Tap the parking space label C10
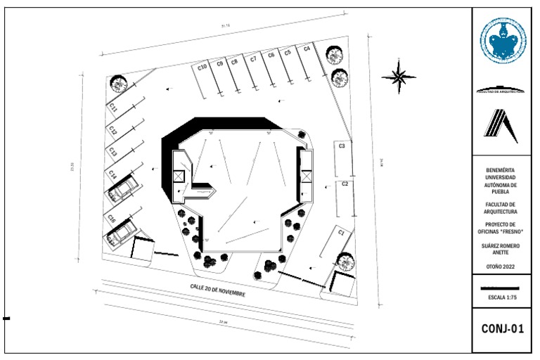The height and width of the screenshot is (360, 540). pos(202,67)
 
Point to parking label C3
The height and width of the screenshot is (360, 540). pos(342,146)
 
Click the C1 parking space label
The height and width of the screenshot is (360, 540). pos(341,231)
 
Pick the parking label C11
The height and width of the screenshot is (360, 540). pos(112,108)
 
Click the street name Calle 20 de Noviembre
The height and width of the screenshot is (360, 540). pos(217,289)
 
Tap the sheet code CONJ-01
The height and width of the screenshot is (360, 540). pos(502,328)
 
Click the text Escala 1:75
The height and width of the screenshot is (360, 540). pos(502,297)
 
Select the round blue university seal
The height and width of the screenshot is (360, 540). pos(503,41)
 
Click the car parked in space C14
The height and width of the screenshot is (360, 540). pos(124,188)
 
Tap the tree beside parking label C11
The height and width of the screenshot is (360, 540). pos(118,84)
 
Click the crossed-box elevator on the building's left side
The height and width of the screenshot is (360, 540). pos(177,176)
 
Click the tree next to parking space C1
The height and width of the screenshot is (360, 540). pos(345,262)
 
